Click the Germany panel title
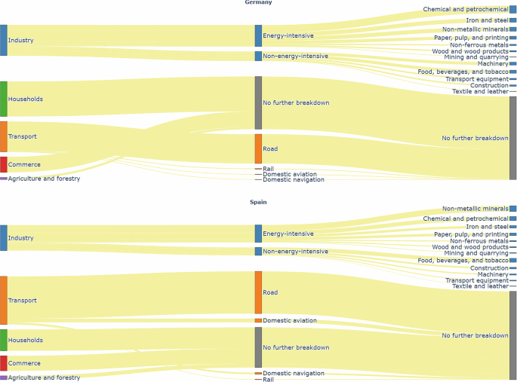[258, 3]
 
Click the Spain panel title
[258, 202]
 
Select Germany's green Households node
[4, 99]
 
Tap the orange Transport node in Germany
[4, 136]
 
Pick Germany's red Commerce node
[4, 164]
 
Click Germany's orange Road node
[258, 148]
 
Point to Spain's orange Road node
[258, 292]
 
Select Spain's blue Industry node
[4, 237]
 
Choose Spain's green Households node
[4, 340]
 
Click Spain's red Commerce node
[4, 362]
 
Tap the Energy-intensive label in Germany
[288, 35]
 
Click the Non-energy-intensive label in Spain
[295, 251]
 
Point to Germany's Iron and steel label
[487, 20]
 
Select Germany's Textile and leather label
[480, 91]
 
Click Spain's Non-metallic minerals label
[475, 209]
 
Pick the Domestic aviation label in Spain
[290, 320]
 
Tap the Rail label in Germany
[268, 168]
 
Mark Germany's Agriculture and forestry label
[44, 179]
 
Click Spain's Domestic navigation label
[294, 373]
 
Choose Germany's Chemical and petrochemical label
[466, 9]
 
